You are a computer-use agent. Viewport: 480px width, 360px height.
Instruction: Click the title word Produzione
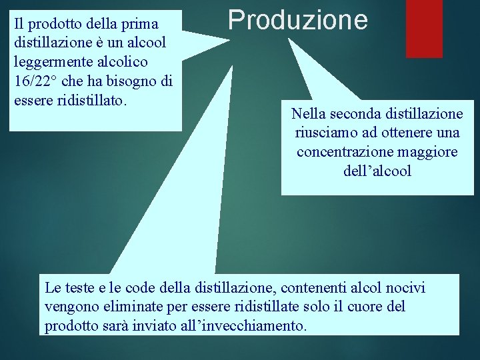click(x=297, y=20)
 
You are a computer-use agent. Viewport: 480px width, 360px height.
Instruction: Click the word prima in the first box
click(x=139, y=24)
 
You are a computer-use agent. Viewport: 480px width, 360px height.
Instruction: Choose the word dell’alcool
click(x=377, y=171)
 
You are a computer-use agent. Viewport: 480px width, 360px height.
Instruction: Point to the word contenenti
click(x=313, y=288)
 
